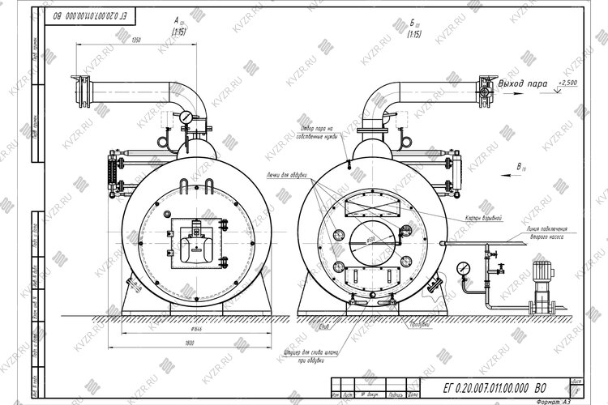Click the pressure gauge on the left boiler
click(x=187, y=117)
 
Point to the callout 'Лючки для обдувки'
click(x=283, y=174)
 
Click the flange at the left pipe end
click(x=81, y=90)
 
